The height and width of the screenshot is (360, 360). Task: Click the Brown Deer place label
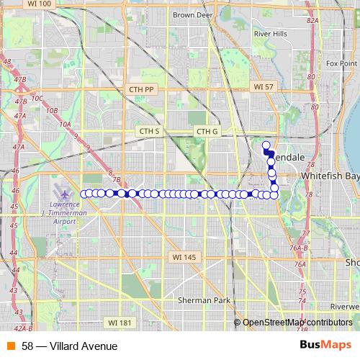(192, 14)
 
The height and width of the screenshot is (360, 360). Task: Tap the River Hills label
(270, 33)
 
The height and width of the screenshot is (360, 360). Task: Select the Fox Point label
(341, 63)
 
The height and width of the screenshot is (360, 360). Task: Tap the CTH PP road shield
(142, 89)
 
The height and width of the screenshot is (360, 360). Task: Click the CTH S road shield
(149, 131)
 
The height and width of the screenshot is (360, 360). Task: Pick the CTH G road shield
(207, 131)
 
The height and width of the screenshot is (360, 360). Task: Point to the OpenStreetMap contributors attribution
(297, 323)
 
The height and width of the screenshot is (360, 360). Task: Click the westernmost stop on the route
(84, 194)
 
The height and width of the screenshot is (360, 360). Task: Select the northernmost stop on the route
(266, 145)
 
